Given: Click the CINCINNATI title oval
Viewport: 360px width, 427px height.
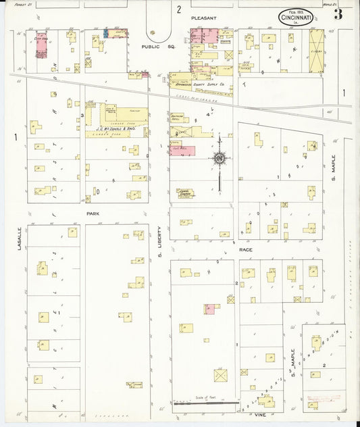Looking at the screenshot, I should click(x=295, y=17).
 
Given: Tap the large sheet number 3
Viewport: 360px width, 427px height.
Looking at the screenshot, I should click(x=337, y=14).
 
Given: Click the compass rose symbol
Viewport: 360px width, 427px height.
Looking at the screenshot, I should click(x=220, y=159).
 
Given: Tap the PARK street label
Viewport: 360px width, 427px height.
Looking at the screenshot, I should click(x=92, y=213).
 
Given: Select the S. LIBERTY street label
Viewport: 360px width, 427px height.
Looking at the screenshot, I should click(x=160, y=241).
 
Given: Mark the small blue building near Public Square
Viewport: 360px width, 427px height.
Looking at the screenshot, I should click(x=105, y=32).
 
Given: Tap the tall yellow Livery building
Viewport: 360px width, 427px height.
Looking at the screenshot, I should click(x=316, y=51).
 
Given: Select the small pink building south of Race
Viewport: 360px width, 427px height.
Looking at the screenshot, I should click(x=210, y=308).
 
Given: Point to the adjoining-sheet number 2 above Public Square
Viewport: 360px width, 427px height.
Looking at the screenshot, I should click(x=179, y=9).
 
